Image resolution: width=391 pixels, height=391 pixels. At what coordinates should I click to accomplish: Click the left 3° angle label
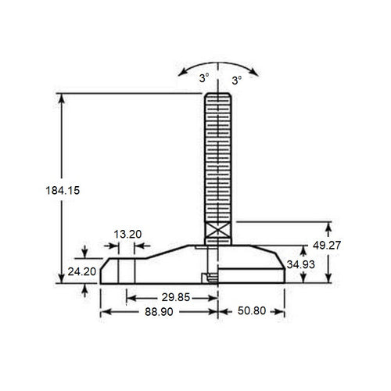point(203,80)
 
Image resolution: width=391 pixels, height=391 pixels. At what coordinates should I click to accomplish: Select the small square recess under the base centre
point(209,276)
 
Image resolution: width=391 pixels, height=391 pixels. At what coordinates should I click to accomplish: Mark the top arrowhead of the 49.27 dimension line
point(328,226)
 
